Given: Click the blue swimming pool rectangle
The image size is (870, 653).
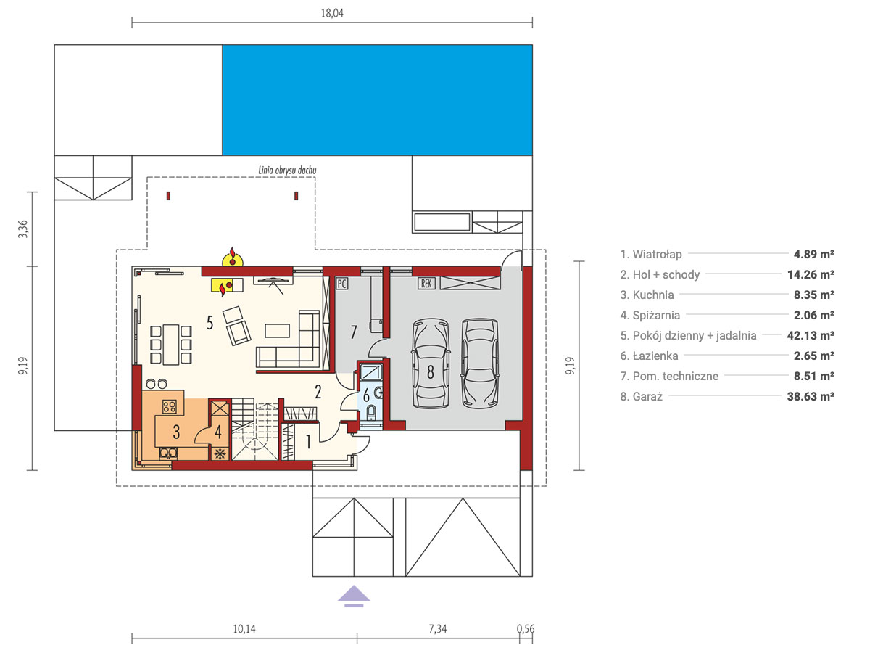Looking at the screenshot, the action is [x=377, y=100].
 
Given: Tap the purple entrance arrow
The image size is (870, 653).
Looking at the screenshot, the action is [x=354, y=596].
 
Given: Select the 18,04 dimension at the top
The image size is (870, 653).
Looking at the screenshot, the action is [x=332, y=14].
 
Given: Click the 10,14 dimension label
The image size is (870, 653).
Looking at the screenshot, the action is [x=244, y=629].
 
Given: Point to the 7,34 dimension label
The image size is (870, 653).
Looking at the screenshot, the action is [x=438, y=629].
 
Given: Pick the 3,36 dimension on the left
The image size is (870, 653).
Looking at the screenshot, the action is [x=23, y=229].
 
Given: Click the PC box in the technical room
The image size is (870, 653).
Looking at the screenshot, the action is [x=341, y=284].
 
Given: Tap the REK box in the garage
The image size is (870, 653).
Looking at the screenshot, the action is [x=426, y=284].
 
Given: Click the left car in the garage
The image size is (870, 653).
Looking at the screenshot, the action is [x=431, y=364].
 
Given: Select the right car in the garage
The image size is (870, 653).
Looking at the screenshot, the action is [x=480, y=364].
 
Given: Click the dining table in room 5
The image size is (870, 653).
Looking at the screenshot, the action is [x=171, y=345].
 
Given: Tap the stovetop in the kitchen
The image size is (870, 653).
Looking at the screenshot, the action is [x=169, y=406].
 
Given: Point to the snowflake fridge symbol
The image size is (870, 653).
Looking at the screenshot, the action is [x=220, y=453].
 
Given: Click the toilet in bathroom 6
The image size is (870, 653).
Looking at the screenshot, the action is [x=371, y=412].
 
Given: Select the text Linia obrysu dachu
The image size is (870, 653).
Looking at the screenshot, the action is [x=287, y=170].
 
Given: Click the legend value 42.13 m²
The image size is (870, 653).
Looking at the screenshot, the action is [x=811, y=335].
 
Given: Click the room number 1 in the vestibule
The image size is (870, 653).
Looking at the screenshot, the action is [x=308, y=442].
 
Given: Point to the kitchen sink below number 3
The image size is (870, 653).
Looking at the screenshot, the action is [x=168, y=453].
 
